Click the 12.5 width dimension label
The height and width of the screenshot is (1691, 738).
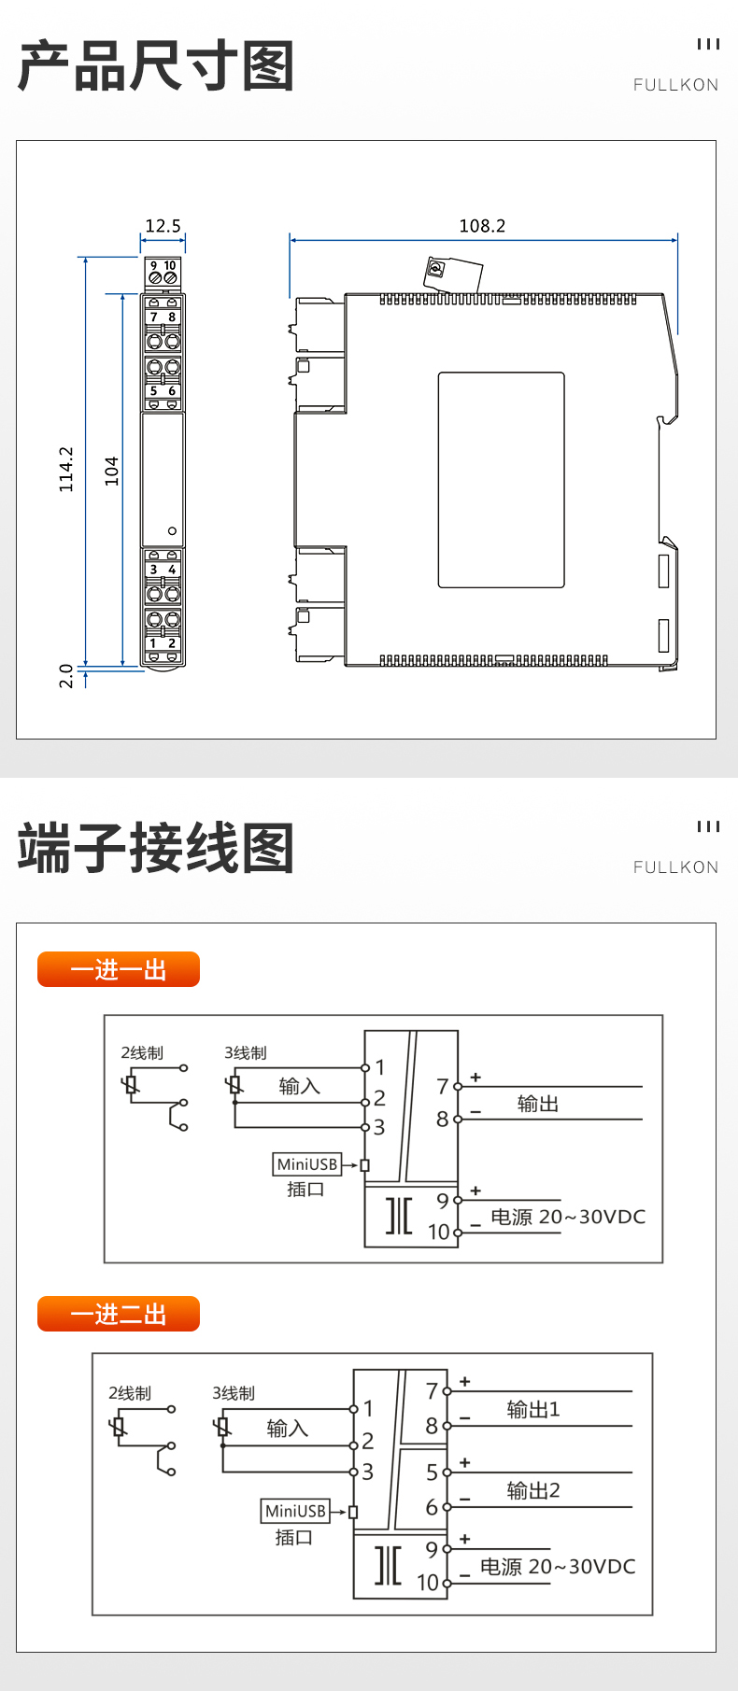163,226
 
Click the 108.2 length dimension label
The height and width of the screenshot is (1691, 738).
482,226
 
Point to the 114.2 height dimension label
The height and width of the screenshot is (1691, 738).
66,469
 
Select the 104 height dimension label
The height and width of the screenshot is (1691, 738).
111,471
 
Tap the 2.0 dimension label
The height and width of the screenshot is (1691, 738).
66,675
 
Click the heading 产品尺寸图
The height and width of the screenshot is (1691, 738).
156,66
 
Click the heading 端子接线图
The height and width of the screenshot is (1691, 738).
156,848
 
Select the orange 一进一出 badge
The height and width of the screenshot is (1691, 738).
119,969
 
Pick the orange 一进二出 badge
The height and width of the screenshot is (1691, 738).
119,1314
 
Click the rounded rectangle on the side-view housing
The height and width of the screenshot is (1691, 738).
502,480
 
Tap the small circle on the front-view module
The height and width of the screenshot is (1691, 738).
172,531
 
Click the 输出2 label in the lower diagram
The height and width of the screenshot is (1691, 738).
533,1490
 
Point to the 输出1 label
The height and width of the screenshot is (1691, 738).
533,1409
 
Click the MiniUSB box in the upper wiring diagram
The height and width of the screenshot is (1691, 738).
307,1164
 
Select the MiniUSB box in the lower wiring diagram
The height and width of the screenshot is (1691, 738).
295,1511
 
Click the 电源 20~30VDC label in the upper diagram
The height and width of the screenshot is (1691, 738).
568,1217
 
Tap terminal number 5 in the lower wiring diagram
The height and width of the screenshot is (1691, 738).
432,1473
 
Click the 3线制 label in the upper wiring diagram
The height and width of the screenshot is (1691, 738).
246,1052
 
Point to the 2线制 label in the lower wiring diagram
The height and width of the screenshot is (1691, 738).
130,1393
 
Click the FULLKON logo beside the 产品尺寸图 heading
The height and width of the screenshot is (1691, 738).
676,85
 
